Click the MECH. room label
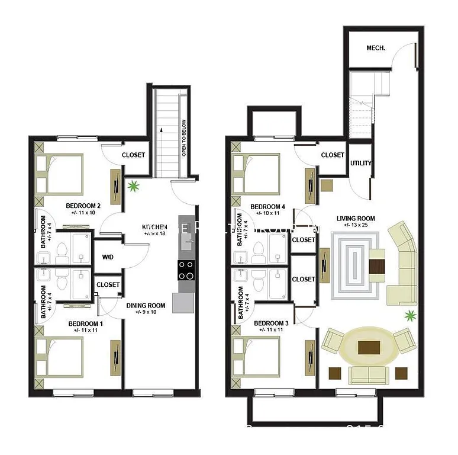click(x=376, y=48)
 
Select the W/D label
click(x=109, y=257)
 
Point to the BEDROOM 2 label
click(x=83, y=206)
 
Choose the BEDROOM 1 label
click(x=86, y=323)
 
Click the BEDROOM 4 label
click(x=268, y=207)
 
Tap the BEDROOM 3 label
click(x=271, y=323)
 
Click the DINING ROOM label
click(x=146, y=306)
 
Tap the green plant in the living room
click(x=409, y=316)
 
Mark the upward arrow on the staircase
click(x=160, y=133)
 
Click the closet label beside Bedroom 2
click(x=133, y=155)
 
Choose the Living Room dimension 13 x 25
click(x=356, y=226)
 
